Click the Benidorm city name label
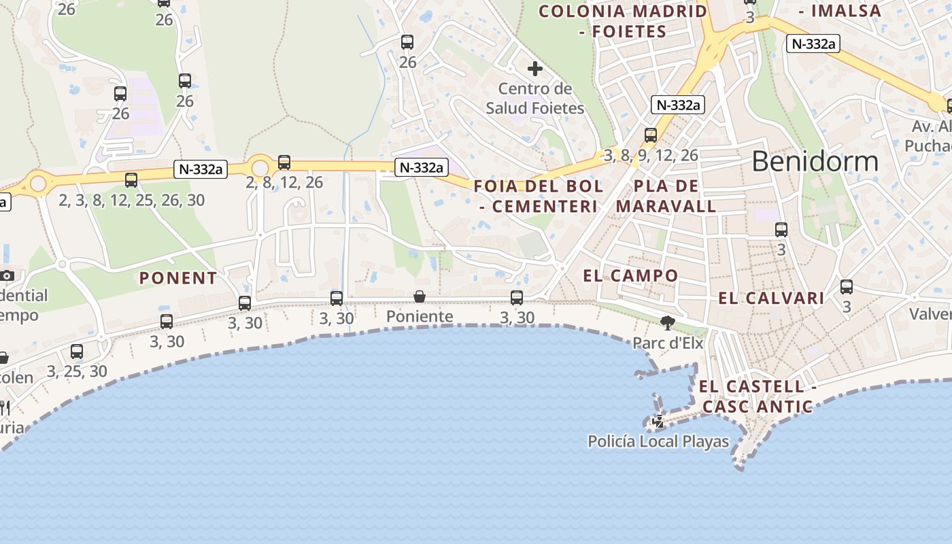point(815,162)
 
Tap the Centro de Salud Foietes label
point(534,99)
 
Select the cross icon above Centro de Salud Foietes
point(535,69)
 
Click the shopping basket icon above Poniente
point(420,296)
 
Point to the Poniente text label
point(420,316)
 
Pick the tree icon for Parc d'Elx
point(668,323)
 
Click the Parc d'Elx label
point(668,343)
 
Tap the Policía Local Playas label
point(658,441)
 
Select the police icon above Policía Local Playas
point(658,422)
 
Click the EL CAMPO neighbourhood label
point(630,275)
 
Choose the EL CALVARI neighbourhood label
point(771,298)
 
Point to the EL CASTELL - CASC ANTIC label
point(757,396)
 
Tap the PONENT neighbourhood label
point(178,277)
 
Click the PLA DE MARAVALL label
point(666,196)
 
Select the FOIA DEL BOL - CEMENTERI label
point(538,196)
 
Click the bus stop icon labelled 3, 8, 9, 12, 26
point(651,135)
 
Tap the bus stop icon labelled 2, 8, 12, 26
point(284,163)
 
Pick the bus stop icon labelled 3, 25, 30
point(77,352)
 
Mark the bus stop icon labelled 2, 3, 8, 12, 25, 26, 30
point(131,180)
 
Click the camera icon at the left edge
point(7,275)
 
